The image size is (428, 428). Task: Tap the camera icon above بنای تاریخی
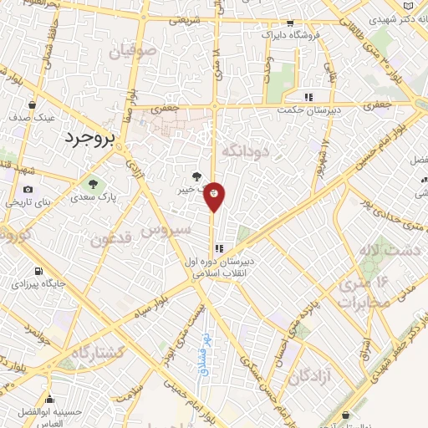(x=28, y=190)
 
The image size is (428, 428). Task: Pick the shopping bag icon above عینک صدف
(x=32, y=105)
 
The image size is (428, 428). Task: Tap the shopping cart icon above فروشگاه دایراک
(x=290, y=23)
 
